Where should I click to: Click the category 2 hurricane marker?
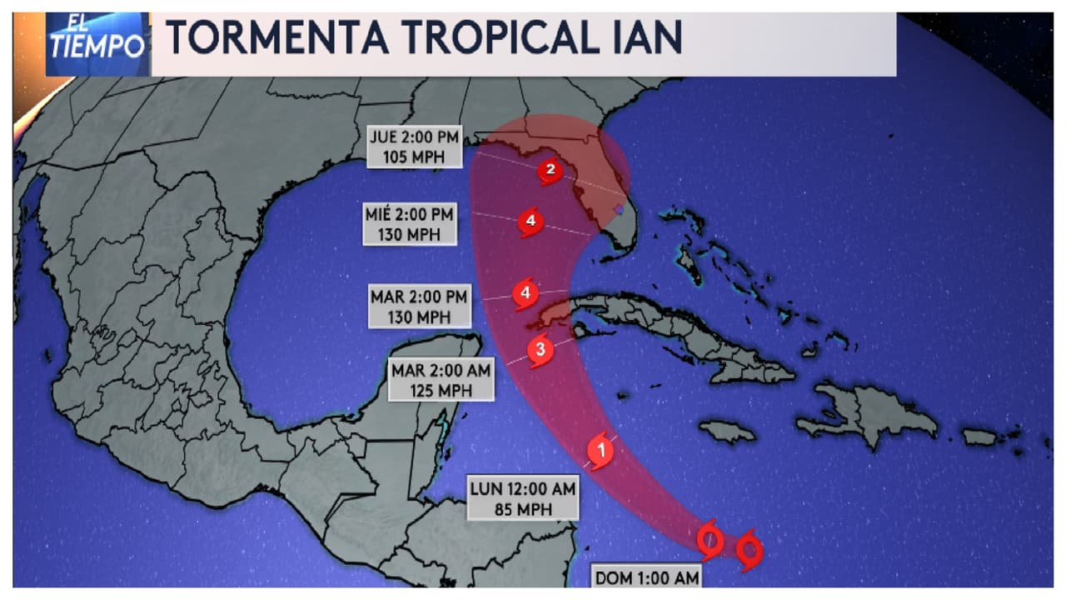(x=549, y=172)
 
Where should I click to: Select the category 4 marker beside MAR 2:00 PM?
(x=524, y=293)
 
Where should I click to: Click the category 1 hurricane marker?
(x=600, y=451)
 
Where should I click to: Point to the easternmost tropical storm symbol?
(x=750, y=550)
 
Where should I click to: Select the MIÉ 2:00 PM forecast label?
(x=410, y=215)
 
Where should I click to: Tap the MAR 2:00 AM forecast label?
(x=441, y=368)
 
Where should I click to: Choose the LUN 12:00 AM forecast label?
(x=521, y=489)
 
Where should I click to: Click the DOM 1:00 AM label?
(x=646, y=577)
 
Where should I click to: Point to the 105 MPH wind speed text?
(x=414, y=156)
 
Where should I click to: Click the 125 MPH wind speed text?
(x=441, y=388)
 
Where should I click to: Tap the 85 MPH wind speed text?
(x=521, y=507)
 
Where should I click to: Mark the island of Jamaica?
(x=727, y=432)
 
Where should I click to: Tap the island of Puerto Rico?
(x=980, y=437)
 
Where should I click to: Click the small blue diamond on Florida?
(x=618, y=208)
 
